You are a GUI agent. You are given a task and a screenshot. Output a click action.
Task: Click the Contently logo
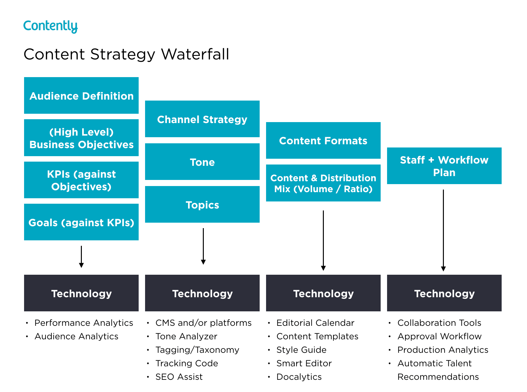coord(50,26)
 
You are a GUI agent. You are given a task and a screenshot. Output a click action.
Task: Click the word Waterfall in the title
coord(195,54)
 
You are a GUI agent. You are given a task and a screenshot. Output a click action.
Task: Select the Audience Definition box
coord(81,95)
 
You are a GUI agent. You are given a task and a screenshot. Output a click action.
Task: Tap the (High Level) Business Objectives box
coord(81,138)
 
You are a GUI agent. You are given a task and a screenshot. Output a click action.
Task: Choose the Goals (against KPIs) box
coord(81,222)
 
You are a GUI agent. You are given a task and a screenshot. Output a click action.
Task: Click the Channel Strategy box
coord(202,119)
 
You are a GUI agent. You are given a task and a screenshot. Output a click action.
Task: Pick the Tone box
coord(202,162)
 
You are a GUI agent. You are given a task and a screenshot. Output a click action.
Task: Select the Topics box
coord(202,205)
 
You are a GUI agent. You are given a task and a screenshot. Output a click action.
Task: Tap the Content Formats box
coord(323,140)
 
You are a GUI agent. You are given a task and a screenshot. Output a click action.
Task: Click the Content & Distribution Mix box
coord(323,183)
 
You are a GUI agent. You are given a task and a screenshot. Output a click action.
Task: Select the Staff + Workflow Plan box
coord(444,166)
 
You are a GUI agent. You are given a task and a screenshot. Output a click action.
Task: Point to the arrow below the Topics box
coord(203,246)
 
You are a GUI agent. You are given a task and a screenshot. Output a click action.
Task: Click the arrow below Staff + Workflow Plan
coord(443,230)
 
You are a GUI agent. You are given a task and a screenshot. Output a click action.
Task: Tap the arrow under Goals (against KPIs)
coord(81,256)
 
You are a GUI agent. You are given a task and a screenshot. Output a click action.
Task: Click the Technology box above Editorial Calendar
coord(323,293)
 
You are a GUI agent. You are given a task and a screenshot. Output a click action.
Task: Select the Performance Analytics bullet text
coord(83,323)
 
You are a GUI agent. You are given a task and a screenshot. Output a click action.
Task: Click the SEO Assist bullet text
coord(179,377)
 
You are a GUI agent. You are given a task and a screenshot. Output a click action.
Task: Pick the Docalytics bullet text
coord(299,377)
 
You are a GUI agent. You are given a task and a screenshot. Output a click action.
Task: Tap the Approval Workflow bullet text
coord(439,336)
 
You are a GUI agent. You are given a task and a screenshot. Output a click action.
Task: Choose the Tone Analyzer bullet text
coord(186,336)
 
